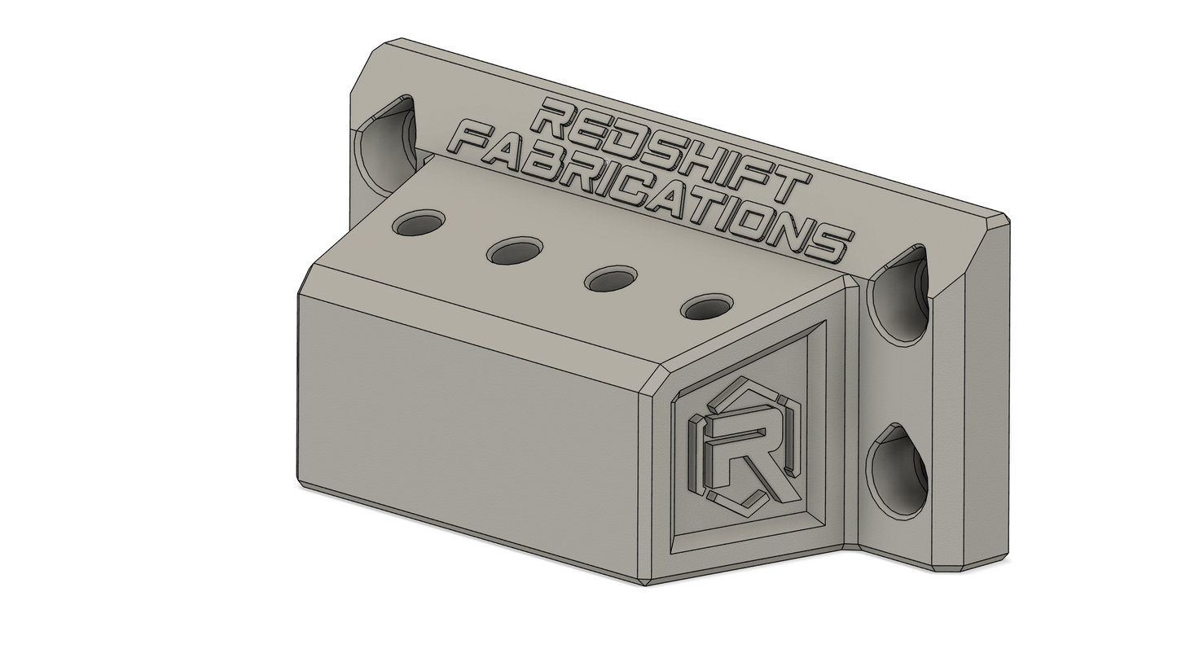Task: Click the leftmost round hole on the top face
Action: tap(419, 224)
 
